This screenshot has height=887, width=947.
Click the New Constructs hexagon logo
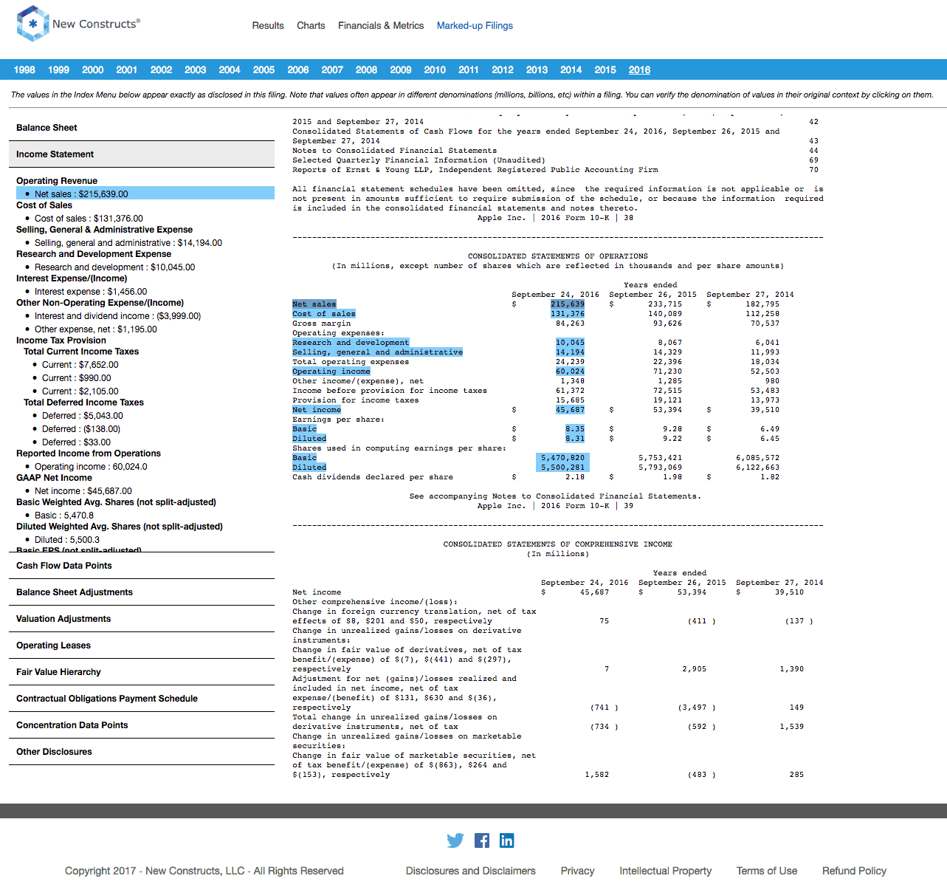coord(32,24)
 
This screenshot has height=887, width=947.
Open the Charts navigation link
coord(311,25)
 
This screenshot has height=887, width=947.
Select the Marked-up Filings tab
coord(475,25)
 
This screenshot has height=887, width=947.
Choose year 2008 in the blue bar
coord(366,69)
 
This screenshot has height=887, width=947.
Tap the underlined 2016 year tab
coord(639,69)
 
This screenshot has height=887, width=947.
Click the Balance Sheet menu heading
coord(47,127)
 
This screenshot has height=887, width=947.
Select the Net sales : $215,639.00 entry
coord(81,194)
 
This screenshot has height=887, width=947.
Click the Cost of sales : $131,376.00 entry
coord(89,218)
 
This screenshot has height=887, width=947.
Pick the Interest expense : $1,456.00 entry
coord(91,291)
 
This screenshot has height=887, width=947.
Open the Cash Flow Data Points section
coord(64,566)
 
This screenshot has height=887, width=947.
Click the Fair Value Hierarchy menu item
coord(58,672)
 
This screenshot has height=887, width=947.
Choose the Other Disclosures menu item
coord(54,752)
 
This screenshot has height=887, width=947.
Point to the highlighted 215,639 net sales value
coord(568,304)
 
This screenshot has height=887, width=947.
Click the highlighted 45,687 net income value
coord(570,409)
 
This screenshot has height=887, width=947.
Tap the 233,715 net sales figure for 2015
coord(665,304)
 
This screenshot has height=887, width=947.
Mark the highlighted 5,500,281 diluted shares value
coord(562,467)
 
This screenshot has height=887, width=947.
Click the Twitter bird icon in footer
coord(455,840)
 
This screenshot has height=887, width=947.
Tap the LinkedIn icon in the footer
coord(506,840)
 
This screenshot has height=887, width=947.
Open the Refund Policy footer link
coord(854,871)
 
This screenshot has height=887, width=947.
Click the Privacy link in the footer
coord(577,871)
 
